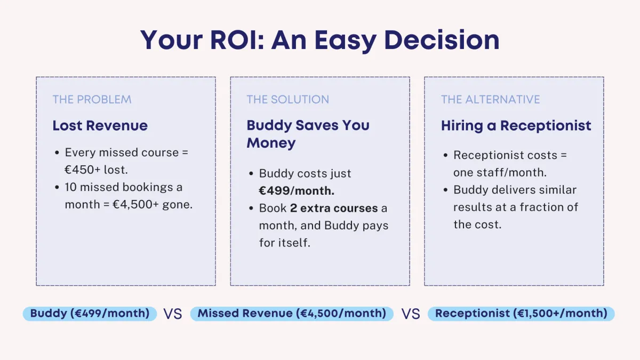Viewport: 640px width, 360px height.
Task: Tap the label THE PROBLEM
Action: click(x=92, y=99)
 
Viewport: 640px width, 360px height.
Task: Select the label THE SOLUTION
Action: click(x=287, y=99)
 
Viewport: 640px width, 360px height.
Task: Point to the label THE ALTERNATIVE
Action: click(x=490, y=99)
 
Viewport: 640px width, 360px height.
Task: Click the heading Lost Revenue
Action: click(x=100, y=125)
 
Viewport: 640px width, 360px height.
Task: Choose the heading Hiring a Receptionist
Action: click(x=516, y=126)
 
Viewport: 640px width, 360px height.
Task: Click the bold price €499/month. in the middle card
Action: click(x=297, y=191)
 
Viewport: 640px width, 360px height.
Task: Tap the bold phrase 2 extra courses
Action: click(x=334, y=208)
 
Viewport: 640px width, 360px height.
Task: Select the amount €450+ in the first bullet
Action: click(x=82, y=170)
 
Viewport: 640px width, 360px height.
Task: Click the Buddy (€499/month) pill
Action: click(x=90, y=314)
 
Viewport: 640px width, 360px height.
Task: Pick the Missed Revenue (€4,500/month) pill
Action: click(x=292, y=314)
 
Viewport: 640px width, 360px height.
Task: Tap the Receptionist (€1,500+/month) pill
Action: click(x=521, y=314)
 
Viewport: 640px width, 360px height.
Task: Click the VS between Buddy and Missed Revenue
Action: click(x=173, y=314)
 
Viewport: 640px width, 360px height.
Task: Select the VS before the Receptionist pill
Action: click(x=411, y=314)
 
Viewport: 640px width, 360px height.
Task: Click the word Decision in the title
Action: click(x=442, y=40)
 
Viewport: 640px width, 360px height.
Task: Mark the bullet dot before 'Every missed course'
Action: click(x=57, y=153)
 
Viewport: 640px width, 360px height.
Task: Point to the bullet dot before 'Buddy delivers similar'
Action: click(x=445, y=190)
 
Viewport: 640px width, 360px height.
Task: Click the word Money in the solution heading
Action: click(x=271, y=143)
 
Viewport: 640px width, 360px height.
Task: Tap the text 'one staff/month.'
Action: click(x=500, y=173)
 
